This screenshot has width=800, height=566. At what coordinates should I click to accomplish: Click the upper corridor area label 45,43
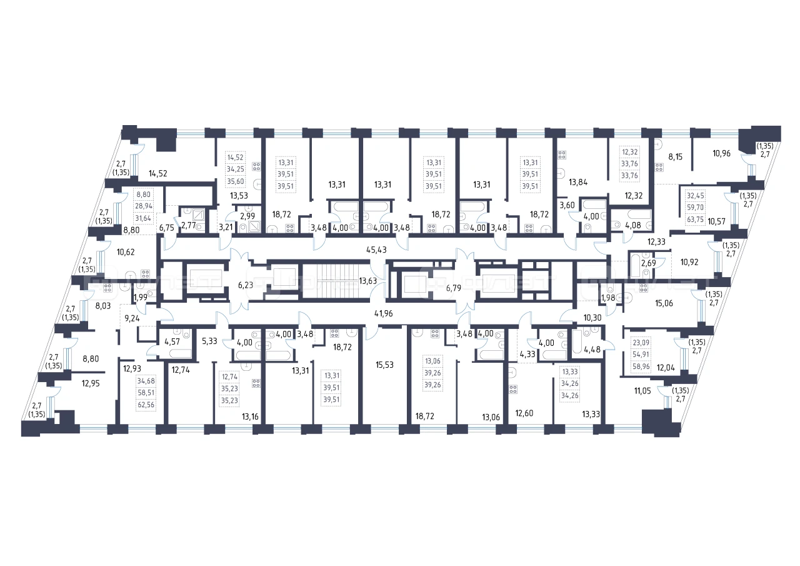pyautogui.click(x=376, y=250)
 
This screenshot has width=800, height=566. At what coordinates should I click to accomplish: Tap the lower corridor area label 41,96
pyautogui.click(x=384, y=314)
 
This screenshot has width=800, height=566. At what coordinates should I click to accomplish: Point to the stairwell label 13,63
pyautogui.click(x=368, y=281)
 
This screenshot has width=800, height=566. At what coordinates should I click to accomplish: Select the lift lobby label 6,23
pyautogui.click(x=246, y=285)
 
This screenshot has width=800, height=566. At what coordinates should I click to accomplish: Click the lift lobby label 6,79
pyautogui.click(x=454, y=288)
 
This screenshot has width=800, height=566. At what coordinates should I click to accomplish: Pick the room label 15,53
pyautogui.click(x=384, y=365)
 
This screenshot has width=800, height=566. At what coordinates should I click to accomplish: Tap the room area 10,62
pyautogui.click(x=126, y=252)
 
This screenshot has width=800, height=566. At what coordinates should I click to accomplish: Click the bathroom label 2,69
pyautogui.click(x=649, y=263)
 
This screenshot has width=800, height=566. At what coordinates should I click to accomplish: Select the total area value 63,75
pyautogui.click(x=695, y=219)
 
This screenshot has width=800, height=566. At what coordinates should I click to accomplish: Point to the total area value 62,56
pyautogui.click(x=146, y=405)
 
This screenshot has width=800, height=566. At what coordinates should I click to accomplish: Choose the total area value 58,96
pyautogui.click(x=641, y=366)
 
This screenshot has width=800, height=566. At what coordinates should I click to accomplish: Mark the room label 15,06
pyautogui.click(x=664, y=303)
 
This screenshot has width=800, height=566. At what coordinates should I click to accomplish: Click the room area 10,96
pyautogui.click(x=721, y=154)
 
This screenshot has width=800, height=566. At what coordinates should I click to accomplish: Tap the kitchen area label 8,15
pyautogui.click(x=676, y=157)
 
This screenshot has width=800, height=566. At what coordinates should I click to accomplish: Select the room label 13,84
pyautogui.click(x=578, y=182)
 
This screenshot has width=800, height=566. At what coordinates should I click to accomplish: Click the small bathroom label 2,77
pyautogui.click(x=189, y=226)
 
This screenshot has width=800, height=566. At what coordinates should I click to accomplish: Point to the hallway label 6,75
pyautogui.click(x=166, y=228)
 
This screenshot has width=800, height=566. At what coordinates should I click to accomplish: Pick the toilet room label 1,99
pyautogui.click(x=141, y=297)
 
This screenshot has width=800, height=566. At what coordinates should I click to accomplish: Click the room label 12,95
pyautogui.click(x=91, y=384)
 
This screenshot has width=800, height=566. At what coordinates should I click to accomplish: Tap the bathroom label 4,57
pyautogui.click(x=172, y=342)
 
